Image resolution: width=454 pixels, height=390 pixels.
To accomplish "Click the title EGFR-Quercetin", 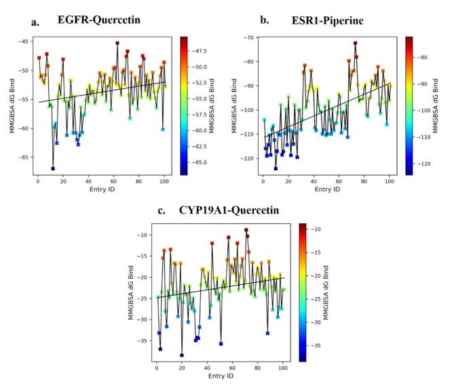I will pos(98,20).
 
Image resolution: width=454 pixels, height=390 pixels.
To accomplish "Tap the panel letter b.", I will pos(264,21).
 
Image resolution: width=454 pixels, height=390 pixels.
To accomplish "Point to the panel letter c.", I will pos(162,211).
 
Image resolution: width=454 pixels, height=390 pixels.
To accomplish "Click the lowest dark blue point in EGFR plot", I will pos(52,168).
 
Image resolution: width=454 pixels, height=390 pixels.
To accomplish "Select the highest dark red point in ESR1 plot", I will pos(355,43).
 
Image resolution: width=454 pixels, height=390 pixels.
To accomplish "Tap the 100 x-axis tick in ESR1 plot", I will pos(390,182).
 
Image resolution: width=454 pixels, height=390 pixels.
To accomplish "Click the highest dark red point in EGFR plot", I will pos(117,43).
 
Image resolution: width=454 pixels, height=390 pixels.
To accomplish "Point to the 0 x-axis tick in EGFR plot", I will pos(37,182).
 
